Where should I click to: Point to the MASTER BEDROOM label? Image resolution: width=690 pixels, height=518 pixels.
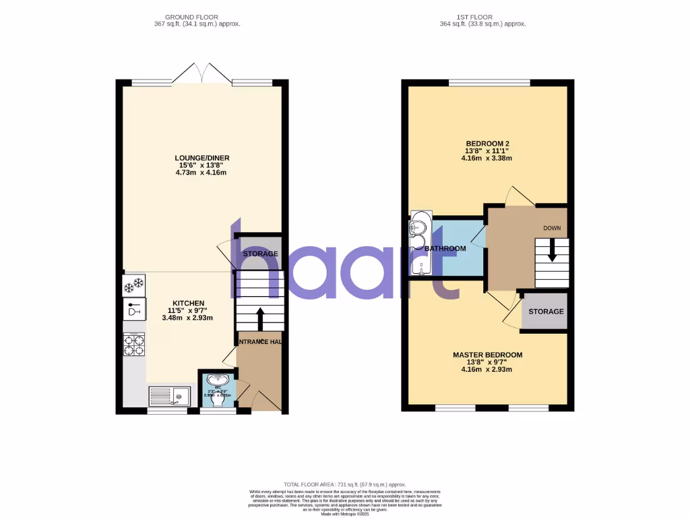[487, 355]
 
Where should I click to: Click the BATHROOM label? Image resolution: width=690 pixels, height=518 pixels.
[445, 249]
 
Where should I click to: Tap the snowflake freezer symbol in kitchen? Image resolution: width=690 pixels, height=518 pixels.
[134, 286]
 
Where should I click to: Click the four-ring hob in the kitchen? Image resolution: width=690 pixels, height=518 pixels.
[133, 346]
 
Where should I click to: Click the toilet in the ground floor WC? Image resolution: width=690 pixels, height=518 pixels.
[217, 399]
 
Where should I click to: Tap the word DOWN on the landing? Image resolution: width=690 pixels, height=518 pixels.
[552, 228]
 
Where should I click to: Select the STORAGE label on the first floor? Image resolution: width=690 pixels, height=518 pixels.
[546, 312]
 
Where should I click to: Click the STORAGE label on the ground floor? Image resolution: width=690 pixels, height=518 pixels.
[261, 254]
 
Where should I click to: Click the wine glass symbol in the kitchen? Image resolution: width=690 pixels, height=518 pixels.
[133, 311]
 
